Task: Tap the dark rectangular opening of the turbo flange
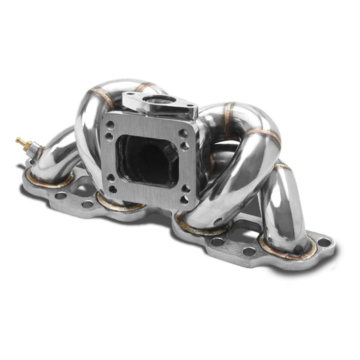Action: coord(145,159)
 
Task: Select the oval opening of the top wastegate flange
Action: coord(159,102)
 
